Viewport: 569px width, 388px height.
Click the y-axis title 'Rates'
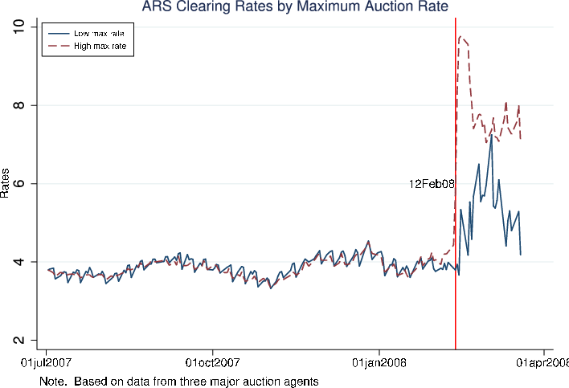(6, 183)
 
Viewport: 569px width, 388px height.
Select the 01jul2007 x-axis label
(46, 364)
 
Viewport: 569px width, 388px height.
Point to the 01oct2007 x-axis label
(212, 364)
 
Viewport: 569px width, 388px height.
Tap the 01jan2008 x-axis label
(379, 364)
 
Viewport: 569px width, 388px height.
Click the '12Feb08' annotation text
(432, 184)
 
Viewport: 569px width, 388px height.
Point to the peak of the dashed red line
(461, 36)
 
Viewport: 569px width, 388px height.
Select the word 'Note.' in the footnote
(53, 382)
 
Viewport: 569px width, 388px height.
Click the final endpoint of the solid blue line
(521, 255)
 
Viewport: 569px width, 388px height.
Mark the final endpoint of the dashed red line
(521, 139)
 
